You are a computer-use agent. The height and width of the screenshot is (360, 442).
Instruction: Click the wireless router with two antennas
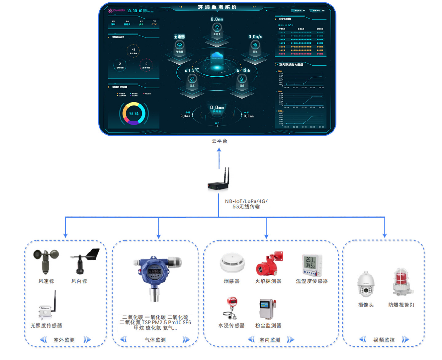[x=219, y=182]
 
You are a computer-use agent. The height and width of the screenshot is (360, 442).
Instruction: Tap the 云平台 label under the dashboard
[x=219, y=141]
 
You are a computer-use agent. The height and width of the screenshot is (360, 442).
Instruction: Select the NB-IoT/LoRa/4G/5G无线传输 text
[x=246, y=204]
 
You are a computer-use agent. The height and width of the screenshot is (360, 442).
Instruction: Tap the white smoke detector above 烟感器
[x=232, y=263]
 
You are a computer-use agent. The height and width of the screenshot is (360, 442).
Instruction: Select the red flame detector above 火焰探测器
[x=269, y=264]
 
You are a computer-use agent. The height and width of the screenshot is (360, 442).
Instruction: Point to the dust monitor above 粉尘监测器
[x=267, y=309]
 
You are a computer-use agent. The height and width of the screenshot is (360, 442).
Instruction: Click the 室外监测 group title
[x=64, y=340]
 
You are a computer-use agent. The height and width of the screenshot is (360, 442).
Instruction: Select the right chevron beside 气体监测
[x=186, y=340]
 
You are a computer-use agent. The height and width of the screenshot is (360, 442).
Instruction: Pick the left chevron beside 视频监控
[x=363, y=340]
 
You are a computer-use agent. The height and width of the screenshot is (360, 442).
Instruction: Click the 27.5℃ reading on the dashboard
[x=192, y=70]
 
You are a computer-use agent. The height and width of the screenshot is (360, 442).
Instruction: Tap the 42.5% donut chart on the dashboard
[x=134, y=113]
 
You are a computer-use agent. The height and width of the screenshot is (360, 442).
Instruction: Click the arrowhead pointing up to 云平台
[x=219, y=150]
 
